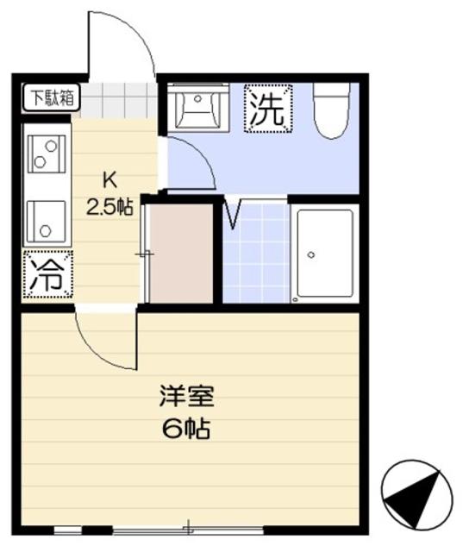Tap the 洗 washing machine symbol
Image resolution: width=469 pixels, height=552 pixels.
[x=268, y=109]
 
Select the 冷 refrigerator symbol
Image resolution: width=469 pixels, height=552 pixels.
[x=47, y=275]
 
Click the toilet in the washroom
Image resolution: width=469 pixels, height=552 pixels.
[x=330, y=110]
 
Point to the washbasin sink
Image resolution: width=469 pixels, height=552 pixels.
[x=197, y=108]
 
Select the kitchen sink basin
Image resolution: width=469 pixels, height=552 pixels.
[x=42, y=219]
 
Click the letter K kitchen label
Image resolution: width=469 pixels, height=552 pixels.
[x=109, y=181]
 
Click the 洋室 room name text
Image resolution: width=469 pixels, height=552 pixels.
[x=185, y=398]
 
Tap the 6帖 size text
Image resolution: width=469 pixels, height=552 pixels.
[x=185, y=429]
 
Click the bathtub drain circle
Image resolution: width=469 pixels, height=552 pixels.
[x=311, y=255]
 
